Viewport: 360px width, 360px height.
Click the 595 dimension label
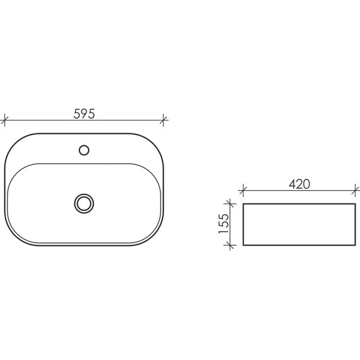tap(84, 114)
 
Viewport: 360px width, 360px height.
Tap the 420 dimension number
tap(299, 184)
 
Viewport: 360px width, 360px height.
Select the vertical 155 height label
tap(224, 224)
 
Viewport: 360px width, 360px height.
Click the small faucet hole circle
tap(84, 150)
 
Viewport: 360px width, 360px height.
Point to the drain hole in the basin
tap(84, 203)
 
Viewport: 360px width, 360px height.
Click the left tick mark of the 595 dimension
tap(4, 120)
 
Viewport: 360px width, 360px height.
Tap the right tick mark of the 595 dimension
tap(163, 120)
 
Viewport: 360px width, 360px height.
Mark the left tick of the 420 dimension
tap(243, 190)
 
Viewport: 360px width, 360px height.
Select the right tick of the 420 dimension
tap(356, 190)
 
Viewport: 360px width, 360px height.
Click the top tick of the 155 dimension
tap(230, 203)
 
